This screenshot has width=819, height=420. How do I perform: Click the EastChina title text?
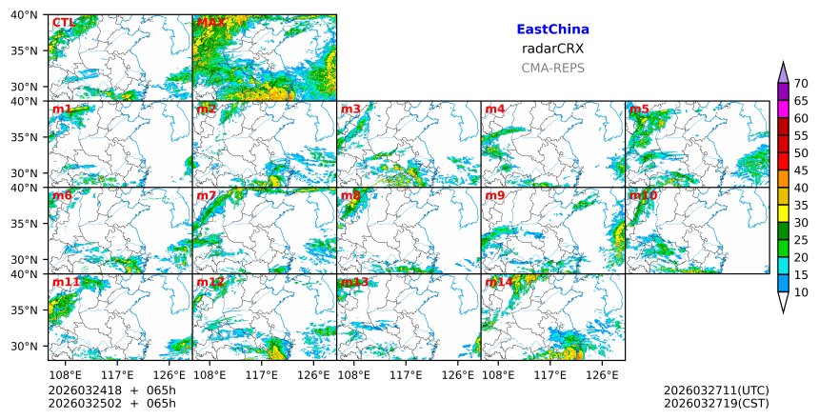click(552, 30)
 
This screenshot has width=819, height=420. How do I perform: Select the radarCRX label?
click(552, 49)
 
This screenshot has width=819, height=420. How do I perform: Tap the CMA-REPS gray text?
click(552, 68)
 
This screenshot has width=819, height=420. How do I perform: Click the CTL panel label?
click(63, 22)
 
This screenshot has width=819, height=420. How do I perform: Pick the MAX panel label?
click(210, 22)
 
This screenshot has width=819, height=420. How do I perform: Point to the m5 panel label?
click(639, 109)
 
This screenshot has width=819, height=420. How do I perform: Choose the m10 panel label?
click(643, 195)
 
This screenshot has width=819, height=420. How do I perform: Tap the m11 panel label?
click(66, 282)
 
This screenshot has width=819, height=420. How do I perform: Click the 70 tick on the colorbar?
click(801, 84)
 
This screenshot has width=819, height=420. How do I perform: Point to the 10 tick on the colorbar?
click(801, 292)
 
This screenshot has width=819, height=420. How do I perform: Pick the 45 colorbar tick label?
click(801, 170)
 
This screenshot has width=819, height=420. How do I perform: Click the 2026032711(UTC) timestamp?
click(715, 390)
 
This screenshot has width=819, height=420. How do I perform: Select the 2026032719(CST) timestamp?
click(715, 404)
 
